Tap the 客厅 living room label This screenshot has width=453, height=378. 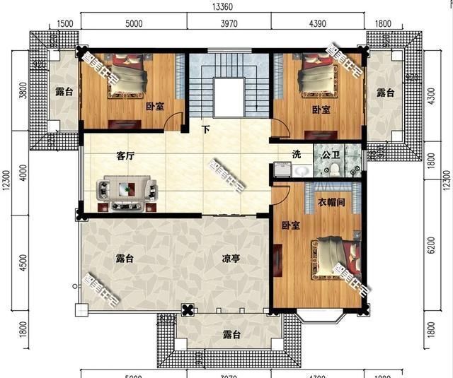tap(127, 156)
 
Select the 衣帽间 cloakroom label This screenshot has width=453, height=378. tap(330, 202)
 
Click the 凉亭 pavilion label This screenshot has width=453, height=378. tap(230, 259)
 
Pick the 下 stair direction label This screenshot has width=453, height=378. tap(206, 130)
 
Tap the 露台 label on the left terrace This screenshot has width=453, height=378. tap(63, 93)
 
